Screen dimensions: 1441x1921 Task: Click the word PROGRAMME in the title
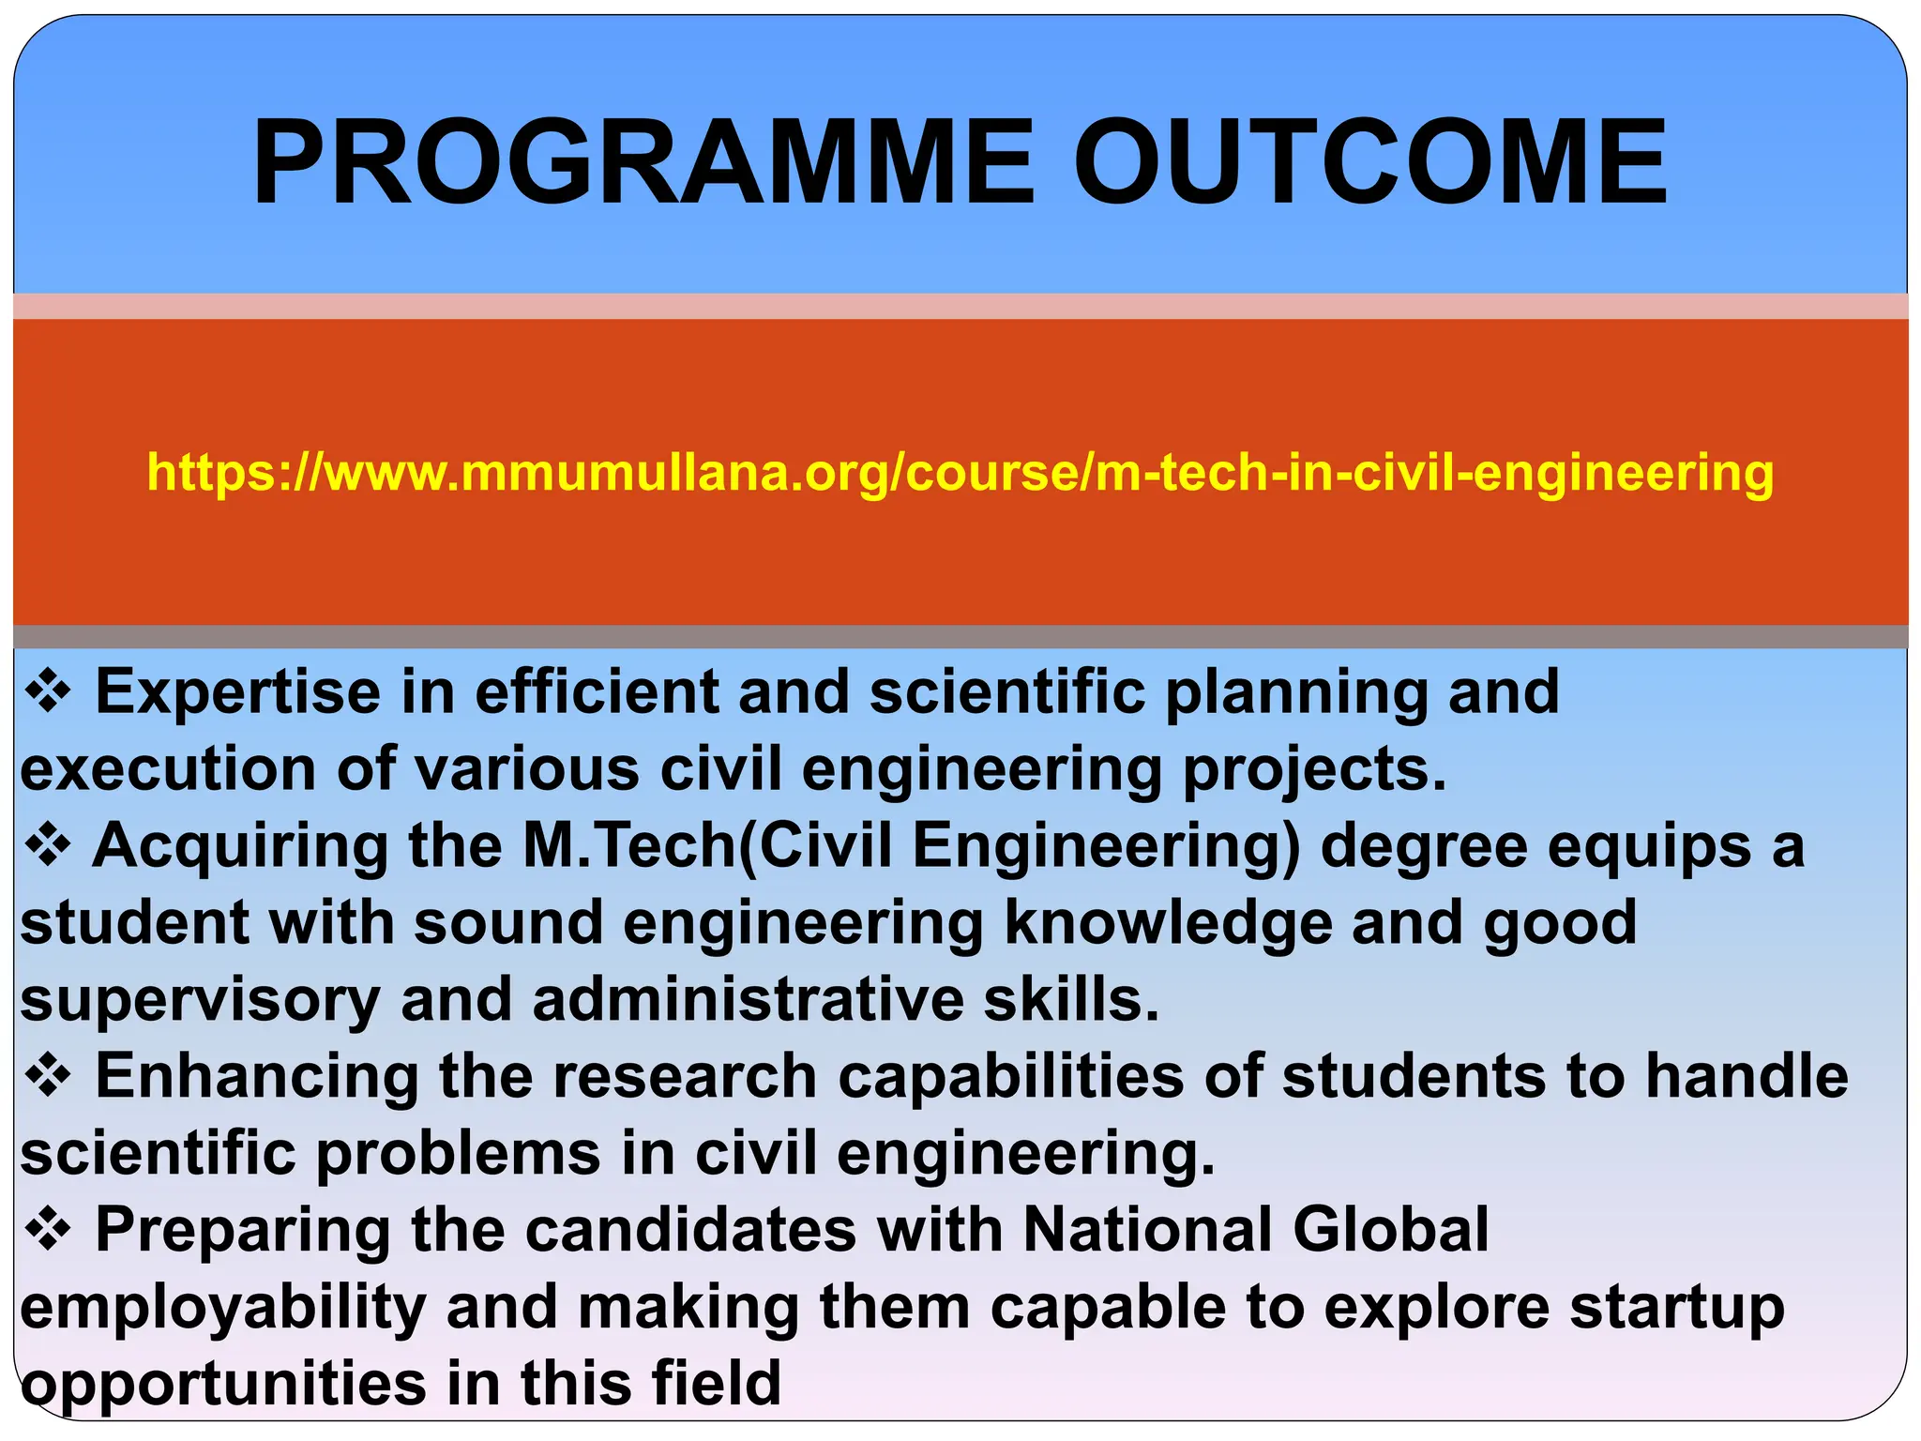pos(643,161)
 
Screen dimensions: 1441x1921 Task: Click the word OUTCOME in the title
pos(1369,161)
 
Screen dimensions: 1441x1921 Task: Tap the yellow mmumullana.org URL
pos(960,472)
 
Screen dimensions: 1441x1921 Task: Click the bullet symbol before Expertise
pos(48,692)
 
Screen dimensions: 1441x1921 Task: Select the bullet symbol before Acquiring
pos(48,846)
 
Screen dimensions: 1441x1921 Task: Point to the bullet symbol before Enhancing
pos(48,1076)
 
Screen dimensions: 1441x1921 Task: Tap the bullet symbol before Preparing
pos(48,1230)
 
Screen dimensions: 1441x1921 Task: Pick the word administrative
pos(748,999)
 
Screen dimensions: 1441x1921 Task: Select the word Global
pos(1390,1230)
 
